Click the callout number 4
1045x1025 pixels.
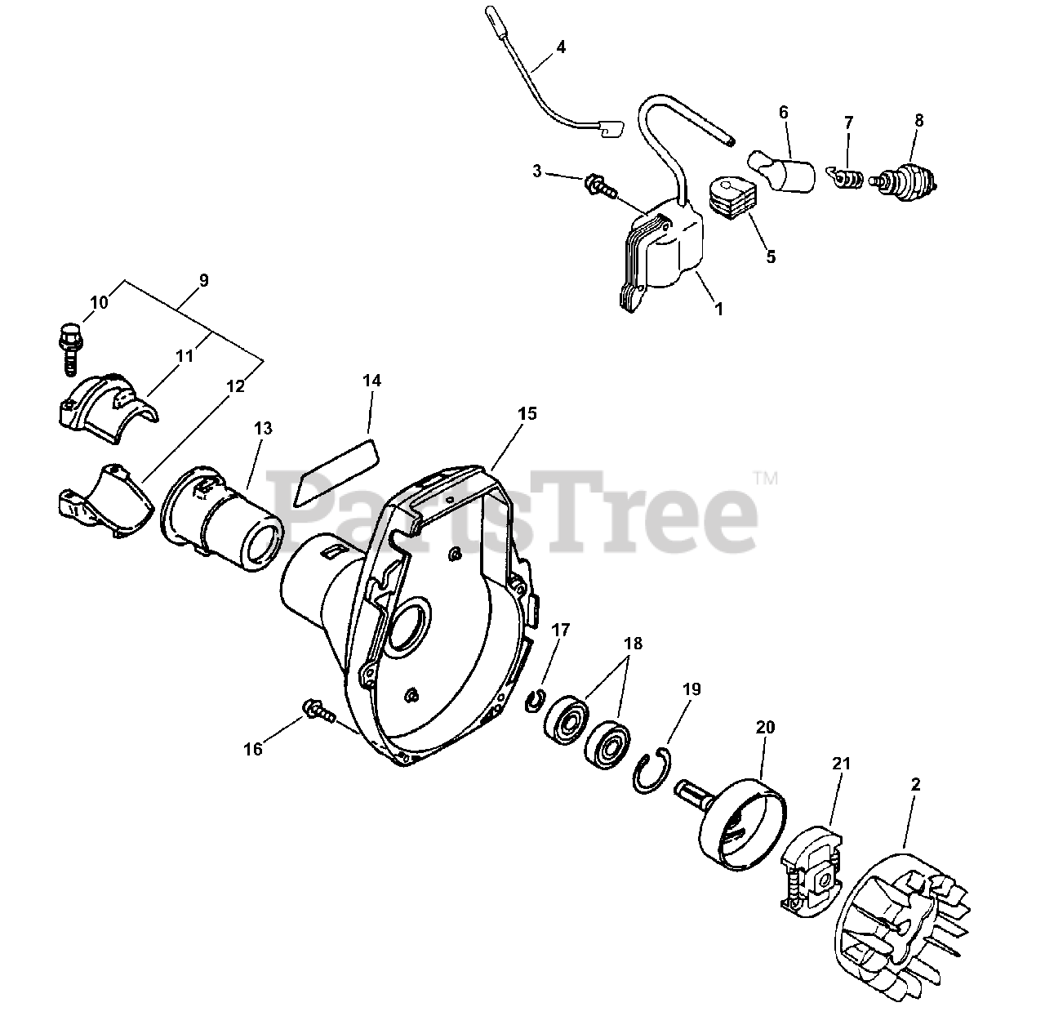(x=560, y=47)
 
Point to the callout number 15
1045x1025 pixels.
(x=527, y=413)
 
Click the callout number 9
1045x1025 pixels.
(x=203, y=280)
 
